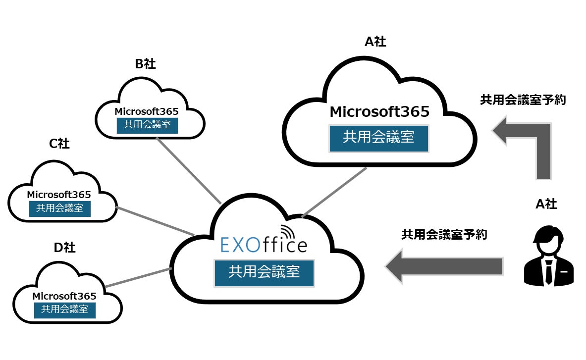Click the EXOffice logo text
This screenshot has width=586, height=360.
coord(264,245)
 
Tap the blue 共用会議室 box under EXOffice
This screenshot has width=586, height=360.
coord(264,271)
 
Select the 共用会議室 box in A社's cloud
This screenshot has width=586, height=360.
coord(378,137)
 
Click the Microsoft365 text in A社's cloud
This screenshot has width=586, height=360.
coord(379,112)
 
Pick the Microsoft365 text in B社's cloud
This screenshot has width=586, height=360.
coord(147,111)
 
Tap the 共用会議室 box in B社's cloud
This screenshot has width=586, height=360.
coord(147,125)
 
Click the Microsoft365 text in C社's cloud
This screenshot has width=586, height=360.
coord(59,195)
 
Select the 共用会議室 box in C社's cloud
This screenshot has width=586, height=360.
coord(59,208)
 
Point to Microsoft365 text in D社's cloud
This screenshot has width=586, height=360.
coord(64,296)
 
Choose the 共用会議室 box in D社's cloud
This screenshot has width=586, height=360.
coord(64,309)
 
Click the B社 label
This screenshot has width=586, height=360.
coord(145,64)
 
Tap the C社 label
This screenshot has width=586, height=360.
coord(59,144)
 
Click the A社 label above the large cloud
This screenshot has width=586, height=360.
coord(375,42)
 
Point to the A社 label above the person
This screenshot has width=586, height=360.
coord(546,204)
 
